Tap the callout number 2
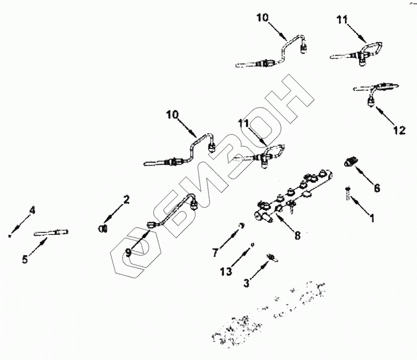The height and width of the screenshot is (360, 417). (x=126, y=198)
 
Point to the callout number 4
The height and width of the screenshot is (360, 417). (x=32, y=211)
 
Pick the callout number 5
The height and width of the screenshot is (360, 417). (x=24, y=258)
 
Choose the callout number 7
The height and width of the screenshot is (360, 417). (x=214, y=253)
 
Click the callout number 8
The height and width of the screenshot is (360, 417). (x=297, y=235)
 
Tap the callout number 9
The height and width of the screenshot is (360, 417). (x=128, y=253)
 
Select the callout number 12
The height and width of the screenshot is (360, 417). (x=399, y=130)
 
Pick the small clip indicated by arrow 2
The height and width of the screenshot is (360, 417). (x=103, y=228)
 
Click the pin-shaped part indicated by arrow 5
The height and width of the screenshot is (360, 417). (x=52, y=233)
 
